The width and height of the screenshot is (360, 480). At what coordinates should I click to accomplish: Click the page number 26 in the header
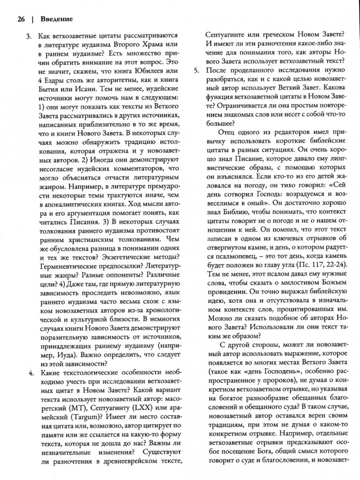pyautogui.click(x=21, y=19)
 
